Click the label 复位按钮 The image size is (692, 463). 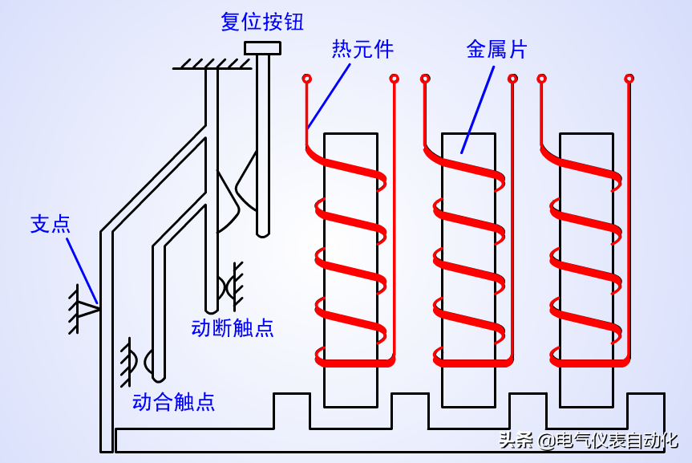(x=262, y=22)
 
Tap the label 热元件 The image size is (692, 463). (x=362, y=50)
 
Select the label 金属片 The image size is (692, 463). (x=496, y=50)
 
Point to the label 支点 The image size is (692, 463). (x=50, y=223)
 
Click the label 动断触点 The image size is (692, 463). (x=233, y=327)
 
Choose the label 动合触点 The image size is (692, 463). (x=173, y=401)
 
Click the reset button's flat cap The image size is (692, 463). (x=262, y=48)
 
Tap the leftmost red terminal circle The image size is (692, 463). (x=306, y=79)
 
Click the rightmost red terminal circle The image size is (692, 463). (x=630, y=79)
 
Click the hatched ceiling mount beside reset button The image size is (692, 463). (x=210, y=63)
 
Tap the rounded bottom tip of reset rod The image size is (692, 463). (x=262, y=233)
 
